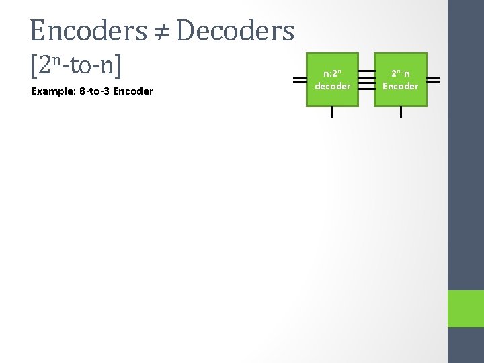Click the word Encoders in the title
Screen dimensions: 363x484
(x=87, y=31)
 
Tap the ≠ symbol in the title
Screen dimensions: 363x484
(x=161, y=31)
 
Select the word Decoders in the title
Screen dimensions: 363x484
(x=235, y=31)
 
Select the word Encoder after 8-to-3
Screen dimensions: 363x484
(x=133, y=91)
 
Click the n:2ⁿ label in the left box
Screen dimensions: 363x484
(x=332, y=74)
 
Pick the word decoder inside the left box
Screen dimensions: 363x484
(x=332, y=86)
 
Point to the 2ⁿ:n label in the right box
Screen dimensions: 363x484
(x=401, y=74)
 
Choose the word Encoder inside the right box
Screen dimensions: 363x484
(x=401, y=86)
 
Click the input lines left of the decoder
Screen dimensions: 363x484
(x=300, y=79)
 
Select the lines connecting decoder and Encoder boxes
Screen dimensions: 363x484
(x=366, y=79)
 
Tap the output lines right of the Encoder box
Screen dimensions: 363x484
(x=434, y=79)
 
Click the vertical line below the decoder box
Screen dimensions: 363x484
(x=332, y=112)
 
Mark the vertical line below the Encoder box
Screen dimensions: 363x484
(x=401, y=112)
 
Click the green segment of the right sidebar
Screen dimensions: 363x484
(x=466, y=309)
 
